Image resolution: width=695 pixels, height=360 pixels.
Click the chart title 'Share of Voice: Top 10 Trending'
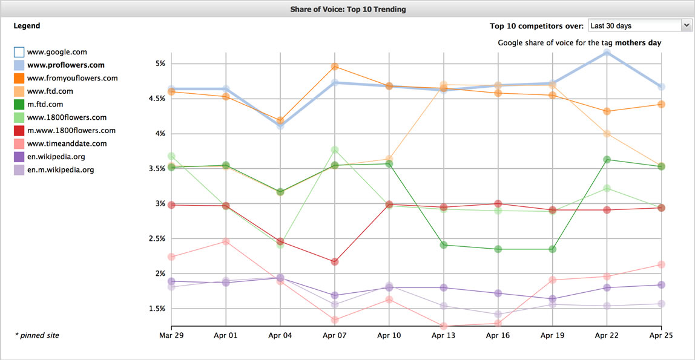pyautogui.click(x=348, y=9)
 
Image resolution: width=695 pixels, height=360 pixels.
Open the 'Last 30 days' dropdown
pyautogui.click(x=639, y=25)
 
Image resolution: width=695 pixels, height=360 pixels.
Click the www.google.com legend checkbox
pyautogui.click(x=19, y=52)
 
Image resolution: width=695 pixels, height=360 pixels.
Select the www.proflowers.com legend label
pyautogui.click(x=66, y=65)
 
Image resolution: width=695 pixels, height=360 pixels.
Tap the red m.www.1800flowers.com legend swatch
pyautogui.click(x=19, y=131)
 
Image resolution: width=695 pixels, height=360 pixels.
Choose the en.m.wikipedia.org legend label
pyautogui.click(x=61, y=170)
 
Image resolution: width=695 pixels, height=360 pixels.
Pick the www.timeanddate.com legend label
pyautogui.click(x=67, y=144)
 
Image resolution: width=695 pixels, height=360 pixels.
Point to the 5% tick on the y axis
pyautogui.click(x=160, y=64)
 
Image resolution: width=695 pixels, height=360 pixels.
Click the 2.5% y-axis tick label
pyautogui.click(x=157, y=238)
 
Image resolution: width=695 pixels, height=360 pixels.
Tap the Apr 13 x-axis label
pyautogui.click(x=443, y=336)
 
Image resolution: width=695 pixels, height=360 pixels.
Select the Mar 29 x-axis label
pyautogui.click(x=171, y=336)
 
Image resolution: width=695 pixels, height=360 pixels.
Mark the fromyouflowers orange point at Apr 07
pyautogui.click(x=335, y=67)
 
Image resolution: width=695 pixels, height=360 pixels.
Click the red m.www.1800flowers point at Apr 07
pyautogui.click(x=335, y=262)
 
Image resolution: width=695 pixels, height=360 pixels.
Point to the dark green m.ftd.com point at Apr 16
pyautogui.click(x=498, y=249)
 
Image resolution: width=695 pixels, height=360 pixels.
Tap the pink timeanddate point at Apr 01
pyautogui.click(x=226, y=241)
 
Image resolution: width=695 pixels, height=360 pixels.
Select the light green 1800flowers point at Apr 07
pyautogui.click(x=335, y=150)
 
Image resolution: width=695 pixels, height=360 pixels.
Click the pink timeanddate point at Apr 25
pyautogui.click(x=661, y=264)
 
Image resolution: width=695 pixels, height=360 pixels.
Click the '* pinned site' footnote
pyautogui.click(x=37, y=336)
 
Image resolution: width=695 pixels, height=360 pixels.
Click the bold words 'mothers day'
pyautogui.click(x=638, y=43)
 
